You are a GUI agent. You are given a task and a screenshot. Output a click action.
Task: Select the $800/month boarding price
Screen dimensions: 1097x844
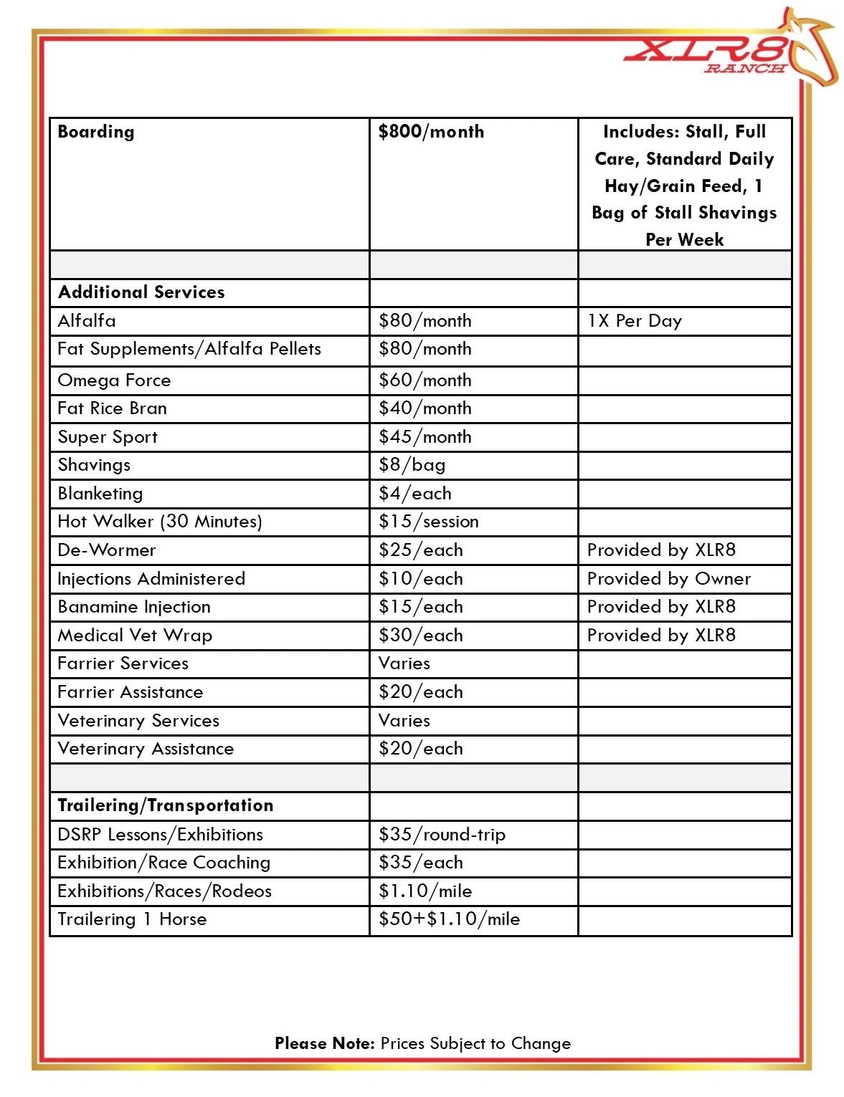point(431,132)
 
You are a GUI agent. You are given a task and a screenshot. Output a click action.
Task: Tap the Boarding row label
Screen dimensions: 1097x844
point(96,132)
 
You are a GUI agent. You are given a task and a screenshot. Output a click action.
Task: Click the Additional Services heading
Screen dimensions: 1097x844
point(141,292)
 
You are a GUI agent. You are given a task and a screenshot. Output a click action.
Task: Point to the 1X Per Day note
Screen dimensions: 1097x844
point(634,321)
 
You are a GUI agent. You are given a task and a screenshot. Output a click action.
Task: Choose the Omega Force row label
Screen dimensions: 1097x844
point(114,380)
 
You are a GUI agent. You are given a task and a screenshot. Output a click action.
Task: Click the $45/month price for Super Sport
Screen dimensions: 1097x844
point(425,437)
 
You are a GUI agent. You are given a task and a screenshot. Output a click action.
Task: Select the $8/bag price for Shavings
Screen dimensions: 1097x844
point(412,465)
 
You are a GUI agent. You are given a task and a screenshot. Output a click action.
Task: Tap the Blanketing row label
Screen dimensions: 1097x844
point(100,494)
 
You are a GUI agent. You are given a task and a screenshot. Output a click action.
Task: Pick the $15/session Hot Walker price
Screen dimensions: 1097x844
point(428,522)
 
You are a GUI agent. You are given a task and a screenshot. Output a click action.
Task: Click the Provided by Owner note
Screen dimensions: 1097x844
point(668,579)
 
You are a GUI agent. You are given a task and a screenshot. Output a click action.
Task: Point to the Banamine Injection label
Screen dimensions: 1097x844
point(134,607)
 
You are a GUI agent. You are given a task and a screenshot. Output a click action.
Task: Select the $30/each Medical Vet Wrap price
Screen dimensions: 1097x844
point(420,636)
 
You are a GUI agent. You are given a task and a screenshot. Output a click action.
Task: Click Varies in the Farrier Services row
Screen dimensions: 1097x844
point(404,664)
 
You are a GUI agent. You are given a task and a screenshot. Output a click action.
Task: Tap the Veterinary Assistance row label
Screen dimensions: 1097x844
point(146,749)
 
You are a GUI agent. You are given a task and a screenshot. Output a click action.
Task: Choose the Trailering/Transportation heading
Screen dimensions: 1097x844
point(165,805)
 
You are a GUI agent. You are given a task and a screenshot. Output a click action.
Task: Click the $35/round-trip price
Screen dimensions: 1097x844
point(442,835)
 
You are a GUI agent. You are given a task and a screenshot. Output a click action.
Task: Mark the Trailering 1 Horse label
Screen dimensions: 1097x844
point(132,919)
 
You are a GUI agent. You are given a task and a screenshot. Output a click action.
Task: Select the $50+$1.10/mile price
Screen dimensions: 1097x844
point(449,919)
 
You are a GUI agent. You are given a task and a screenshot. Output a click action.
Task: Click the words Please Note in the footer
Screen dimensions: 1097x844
point(324,1043)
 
